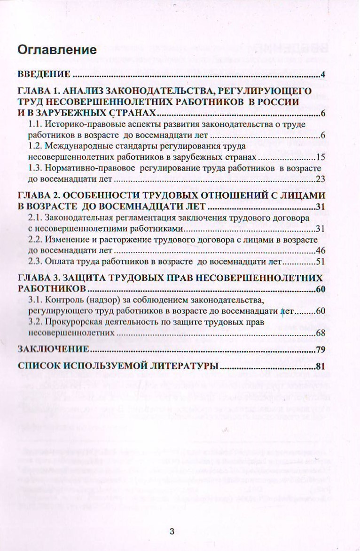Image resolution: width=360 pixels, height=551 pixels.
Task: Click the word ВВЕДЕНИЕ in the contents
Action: [44, 75]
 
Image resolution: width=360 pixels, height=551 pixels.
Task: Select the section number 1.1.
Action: [35, 124]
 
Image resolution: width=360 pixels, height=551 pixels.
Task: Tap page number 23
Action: [321, 178]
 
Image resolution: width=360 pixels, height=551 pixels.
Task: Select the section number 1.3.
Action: [35, 168]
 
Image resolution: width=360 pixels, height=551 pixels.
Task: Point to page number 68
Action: [321, 333]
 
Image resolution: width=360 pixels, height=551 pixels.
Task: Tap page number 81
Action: [321, 366]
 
